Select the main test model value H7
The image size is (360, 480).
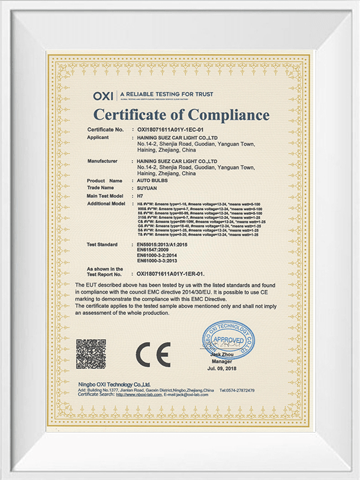coord(140,196)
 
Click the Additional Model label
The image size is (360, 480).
coord(107,204)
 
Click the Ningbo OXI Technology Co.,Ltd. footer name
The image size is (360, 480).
coord(114,383)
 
